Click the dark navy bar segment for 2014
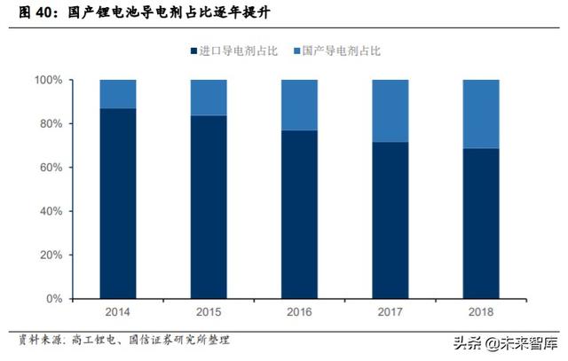(x=118, y=203)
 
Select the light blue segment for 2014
(x=118, y=94)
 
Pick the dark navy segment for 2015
(x=209, y=207)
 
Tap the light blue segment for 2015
(x=209, y=98)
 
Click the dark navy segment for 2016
(x=299, y=214)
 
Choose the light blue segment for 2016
(x=299, y=105)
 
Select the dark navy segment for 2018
(x=481, y=223)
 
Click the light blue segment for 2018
(x=481, y=114)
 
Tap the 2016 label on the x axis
(x=299, y=312)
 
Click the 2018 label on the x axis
(x=481, y=312)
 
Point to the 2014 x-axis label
(x=118, y=312)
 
